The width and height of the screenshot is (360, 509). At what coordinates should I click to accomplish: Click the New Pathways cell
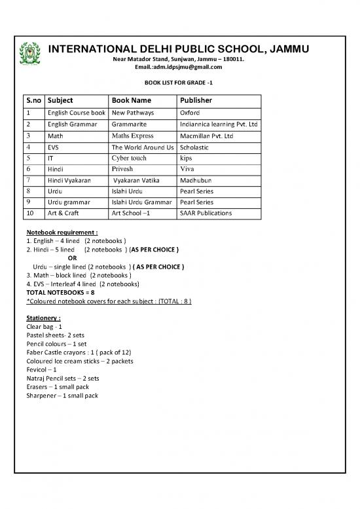[130, 113]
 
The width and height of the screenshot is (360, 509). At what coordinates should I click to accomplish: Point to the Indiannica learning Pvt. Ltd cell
[219, 124]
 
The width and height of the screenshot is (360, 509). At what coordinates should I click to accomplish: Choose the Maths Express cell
[132, 136]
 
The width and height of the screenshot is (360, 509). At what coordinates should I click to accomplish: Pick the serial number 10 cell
[30, 214]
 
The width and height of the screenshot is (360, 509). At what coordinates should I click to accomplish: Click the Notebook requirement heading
[62, 233]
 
